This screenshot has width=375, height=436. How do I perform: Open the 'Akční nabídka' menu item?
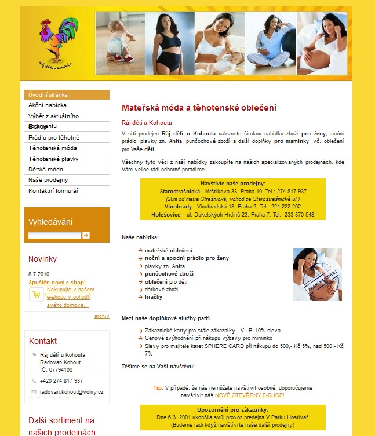tap(48, 105)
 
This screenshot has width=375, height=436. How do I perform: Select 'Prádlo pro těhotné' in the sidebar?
tap(54, 137)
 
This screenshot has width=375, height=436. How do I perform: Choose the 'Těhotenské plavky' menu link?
tap(53, 159)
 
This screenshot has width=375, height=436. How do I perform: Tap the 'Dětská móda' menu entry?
tap(46, 170)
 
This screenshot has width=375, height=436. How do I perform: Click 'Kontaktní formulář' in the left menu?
tap(53, 190)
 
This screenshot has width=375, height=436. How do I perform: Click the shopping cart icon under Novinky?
tap(37, 295)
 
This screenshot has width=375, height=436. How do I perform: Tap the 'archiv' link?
tap(101, 316)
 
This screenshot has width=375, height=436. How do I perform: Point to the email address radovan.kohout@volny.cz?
tap(71, 392)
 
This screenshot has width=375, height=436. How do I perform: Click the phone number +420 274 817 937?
tap(61, 380)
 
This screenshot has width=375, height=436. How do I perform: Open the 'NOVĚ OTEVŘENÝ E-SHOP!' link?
tap(249, 395)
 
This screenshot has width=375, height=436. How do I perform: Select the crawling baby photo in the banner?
tap(120, 43)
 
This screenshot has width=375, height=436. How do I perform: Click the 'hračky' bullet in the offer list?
tap(154, 297)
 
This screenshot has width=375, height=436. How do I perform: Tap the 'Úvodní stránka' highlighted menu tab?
tap(48, 94)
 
